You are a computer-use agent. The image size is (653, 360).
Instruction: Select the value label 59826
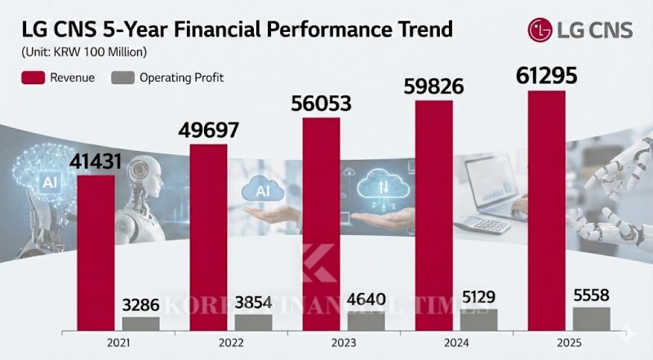(x=434, y=86)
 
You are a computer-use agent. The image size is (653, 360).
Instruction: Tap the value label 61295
(x=547, y=76)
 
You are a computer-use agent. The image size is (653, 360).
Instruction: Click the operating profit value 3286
(x=141, y=304)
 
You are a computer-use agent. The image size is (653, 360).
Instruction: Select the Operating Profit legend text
(x=181, y=78)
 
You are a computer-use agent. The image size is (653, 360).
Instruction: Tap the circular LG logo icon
(x=540, y=31)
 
